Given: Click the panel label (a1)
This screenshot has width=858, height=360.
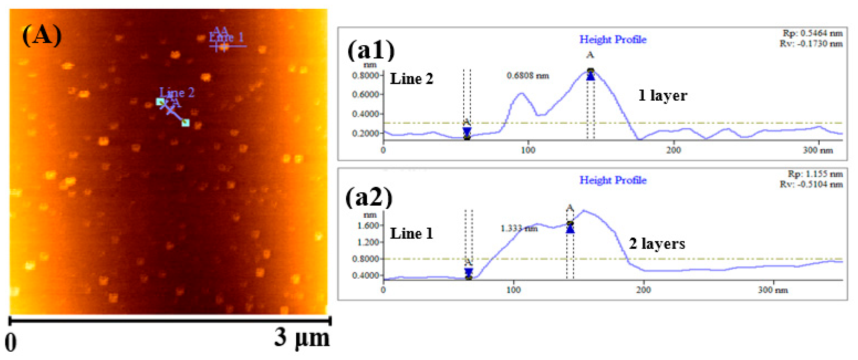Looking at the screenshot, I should (x=371, y=51).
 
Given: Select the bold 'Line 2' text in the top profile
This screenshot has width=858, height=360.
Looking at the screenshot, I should (x=411, y=79).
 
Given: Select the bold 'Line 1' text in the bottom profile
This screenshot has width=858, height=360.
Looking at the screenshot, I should (x=411, y=233).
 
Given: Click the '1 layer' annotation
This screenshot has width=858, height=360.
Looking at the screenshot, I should (x=662, y=96).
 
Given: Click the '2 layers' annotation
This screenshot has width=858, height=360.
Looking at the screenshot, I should (x=657, y=244).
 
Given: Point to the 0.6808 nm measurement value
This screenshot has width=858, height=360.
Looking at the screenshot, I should (x=528, y=76).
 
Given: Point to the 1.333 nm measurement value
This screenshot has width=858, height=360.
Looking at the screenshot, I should (x=519, y=229).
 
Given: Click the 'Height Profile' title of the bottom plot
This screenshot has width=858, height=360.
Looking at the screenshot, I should (x=613, y=180).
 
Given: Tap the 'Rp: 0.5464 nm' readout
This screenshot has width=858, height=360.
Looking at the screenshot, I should (x=812, y=33).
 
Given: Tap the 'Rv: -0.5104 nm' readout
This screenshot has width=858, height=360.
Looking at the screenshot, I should (x=811, y=184).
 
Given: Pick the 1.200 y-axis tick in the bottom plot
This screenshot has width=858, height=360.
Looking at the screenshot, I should (x=368, y=242).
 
